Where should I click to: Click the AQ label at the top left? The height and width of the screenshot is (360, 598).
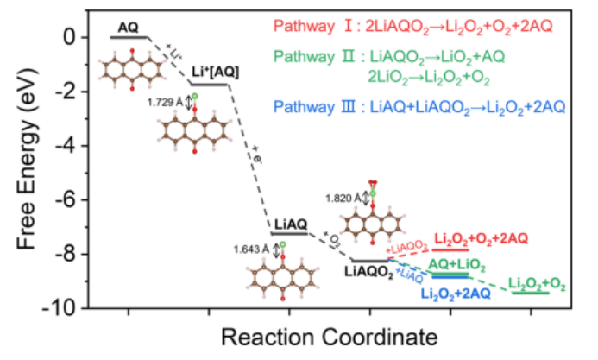point(128,27)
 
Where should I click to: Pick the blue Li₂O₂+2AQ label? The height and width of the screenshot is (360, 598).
point(456,294)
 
